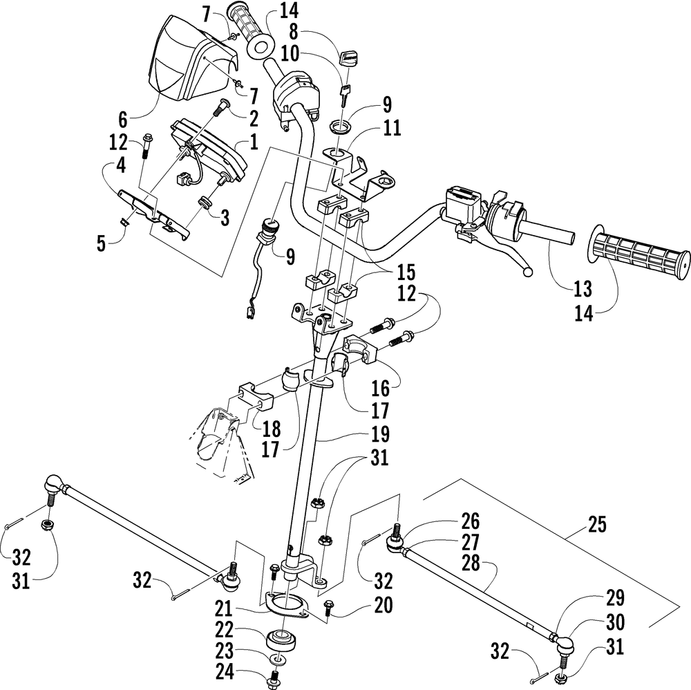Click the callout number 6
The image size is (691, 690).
pyautogui.click(x=123, y=119)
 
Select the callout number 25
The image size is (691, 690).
pyautogui.click(x=597, y=525)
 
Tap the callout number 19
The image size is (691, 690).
pyautogui.click(x=380, y=434)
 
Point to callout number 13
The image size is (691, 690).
pyautogui.click(x=583, y=289)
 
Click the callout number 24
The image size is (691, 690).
pyautogui.click(x=225, y=672)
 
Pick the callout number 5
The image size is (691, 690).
pyautogui.click(x=102, y=244)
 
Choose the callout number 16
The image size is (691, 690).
pyautogui.click(x=380, y=388)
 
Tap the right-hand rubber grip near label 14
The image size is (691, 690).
pyautogui.click(x=639, y=252)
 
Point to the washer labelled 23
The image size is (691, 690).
pyautogui.click(x=277, y=660)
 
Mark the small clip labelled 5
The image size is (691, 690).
pyautogui.click(x=124, y=222)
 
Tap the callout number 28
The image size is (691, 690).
pyautogui.click(x=470, y=563)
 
